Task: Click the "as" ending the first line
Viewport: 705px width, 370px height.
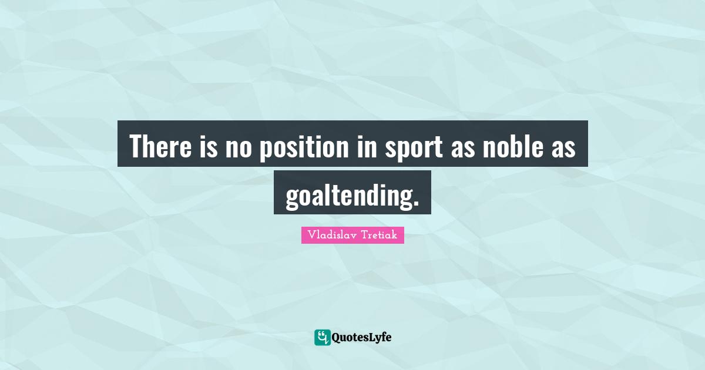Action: coord(562,147)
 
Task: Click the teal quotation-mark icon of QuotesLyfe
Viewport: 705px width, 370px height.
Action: coord(322,337)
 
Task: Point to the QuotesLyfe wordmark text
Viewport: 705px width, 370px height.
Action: coord(361,337)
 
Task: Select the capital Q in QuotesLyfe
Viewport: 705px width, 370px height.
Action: coord(337,337)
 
